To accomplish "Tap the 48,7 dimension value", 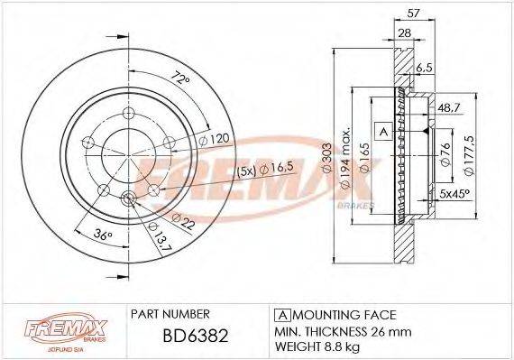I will (x=447, y=106).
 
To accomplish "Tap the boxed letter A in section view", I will (x=382, y=131).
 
